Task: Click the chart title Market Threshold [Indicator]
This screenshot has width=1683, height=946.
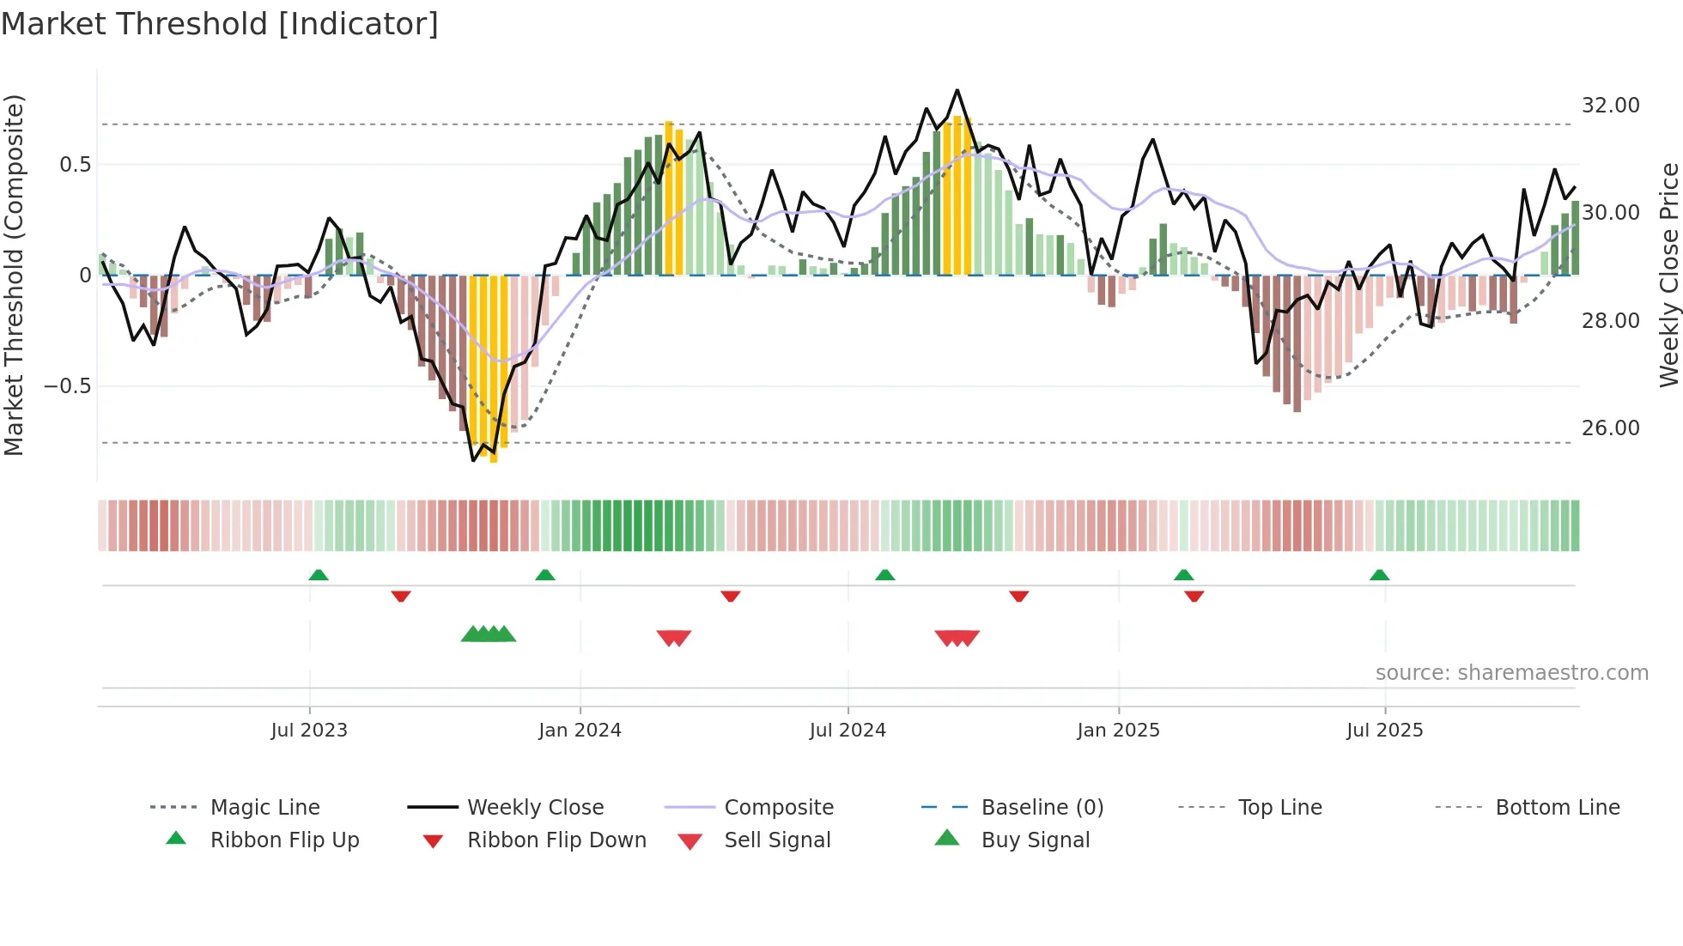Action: pos(220,24)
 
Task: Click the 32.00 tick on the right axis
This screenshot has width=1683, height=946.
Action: pos(1610,106)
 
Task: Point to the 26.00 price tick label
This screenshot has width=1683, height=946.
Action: pos(1610,428)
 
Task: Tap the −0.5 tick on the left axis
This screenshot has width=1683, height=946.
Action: pos(67,386)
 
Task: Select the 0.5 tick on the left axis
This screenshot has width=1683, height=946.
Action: pos(75,165)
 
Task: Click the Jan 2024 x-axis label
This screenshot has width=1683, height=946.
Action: pos(580,731)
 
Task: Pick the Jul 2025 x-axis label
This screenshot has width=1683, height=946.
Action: pos(1384,731)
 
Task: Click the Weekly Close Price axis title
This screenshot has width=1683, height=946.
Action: pos(1668,275)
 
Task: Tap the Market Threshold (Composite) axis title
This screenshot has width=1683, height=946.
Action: pos(14,275)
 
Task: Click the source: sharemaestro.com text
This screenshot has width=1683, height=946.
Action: pos(1511,673)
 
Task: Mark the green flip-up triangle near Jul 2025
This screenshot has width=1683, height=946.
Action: pos(1379,575)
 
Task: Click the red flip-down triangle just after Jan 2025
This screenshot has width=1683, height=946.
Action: pos(1194,596)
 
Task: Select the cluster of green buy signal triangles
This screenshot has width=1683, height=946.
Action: pos(489,634)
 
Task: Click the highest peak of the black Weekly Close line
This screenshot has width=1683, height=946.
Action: pos(957,90)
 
